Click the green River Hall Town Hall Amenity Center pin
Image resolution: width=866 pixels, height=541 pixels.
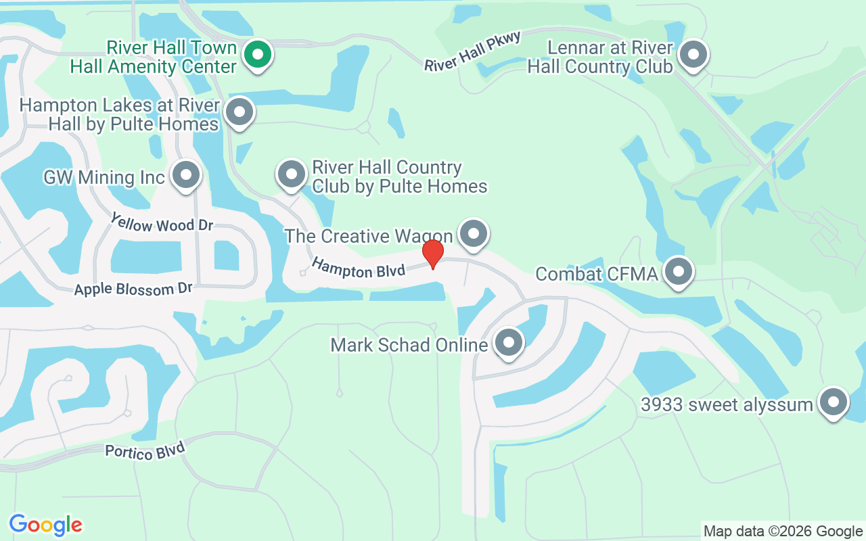pos(257,55)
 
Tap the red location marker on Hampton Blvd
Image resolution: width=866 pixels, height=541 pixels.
pos(433,253)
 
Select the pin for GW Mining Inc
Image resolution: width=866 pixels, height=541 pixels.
pos(186,175)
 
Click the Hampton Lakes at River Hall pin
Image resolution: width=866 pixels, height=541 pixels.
pos(239,112)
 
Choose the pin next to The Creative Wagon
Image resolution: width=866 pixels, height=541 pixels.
pos(474,233)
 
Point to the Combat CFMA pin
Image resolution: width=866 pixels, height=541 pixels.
pos(678,272)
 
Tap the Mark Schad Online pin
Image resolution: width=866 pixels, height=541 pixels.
pos(509,342)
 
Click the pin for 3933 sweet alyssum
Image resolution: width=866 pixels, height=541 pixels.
pos(834,402)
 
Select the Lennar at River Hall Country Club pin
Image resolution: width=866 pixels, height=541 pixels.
pos(693,55)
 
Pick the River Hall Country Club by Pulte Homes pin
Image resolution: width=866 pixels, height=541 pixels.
pos(292,174)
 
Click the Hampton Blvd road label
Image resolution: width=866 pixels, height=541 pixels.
pos(358,268)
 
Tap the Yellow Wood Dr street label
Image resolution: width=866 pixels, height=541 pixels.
pos(162,223)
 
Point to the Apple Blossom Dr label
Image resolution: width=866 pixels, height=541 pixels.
pos(133,289)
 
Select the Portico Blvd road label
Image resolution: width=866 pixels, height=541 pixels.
pos(145,450)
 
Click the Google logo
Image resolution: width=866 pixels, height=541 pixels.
pos(46,525)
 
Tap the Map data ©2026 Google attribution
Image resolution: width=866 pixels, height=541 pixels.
pos(783,532)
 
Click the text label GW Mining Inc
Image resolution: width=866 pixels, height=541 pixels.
pos(104,177)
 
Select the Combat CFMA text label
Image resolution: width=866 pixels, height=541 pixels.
pos(597,274)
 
